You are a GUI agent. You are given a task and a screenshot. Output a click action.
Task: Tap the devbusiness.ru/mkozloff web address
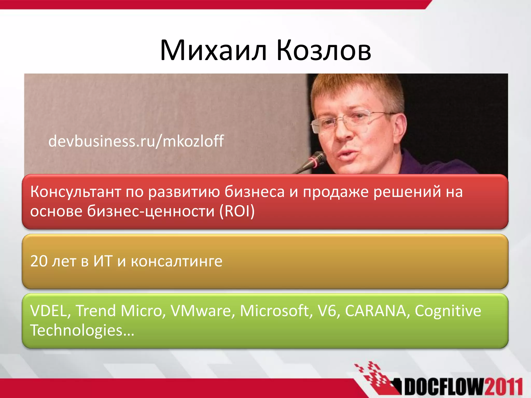[136, 141]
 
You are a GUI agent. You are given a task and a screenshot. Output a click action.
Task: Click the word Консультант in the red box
[76, 192]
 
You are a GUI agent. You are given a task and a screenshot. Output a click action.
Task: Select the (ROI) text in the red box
[237, 211]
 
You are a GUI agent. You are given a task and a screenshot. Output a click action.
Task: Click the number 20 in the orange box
[39, 261]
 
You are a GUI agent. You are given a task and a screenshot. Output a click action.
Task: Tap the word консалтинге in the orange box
[176, 261]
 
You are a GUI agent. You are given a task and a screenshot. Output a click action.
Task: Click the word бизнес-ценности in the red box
[150, 211]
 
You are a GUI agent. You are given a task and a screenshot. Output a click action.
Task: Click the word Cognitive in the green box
[448, 311]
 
